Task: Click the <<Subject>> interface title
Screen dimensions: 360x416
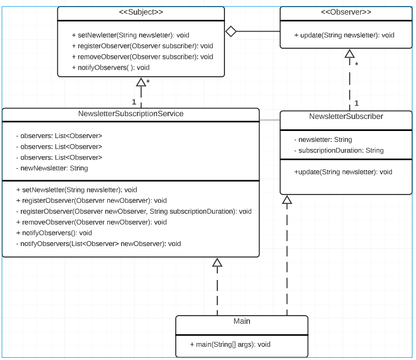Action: pyautogui.click(x=141, y=12)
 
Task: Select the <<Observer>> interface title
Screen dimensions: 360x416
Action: pyautogui.click(x=345, y=12)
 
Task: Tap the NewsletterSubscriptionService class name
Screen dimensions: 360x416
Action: pyautogui.click(x=131, y=114)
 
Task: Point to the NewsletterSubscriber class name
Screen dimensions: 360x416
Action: pyautogui.click(x=346, y=117)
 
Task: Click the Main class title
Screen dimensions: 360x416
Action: pyautogui.click(x=241, y=321)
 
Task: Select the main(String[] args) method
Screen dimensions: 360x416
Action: pyautogui.click(x=230, y=345)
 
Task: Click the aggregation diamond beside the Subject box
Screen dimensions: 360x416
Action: pyautogui.click(x=230, y=32)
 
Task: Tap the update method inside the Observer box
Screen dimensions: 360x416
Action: pyautogui.click(x=344, y=35)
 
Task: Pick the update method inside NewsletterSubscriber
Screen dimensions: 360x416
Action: pyautogui.click(x=343, y=172)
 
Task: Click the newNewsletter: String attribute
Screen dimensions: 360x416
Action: pyautogui.click(x=52, y=168)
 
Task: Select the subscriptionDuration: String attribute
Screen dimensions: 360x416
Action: pyautogui.click(x=339, y=150)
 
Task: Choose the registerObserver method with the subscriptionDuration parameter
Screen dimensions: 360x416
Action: pyautogui.click(x=134, y=211)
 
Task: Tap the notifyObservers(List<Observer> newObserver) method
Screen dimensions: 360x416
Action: pyautogui.click(x=99, y=243)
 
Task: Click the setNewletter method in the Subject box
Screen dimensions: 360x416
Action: pyautogui.click(x=130, y=35)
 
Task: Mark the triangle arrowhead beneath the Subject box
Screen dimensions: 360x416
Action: pyautogui.click(x=141, y=82)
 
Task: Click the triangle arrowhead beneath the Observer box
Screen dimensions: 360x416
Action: pyautogui.click(x=349, y=53)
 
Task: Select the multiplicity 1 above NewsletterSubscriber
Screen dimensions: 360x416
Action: pyautogui.click(x=356, y=103)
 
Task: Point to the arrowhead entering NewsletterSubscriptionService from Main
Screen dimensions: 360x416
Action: pyautogui.click(x=217, y=262)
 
